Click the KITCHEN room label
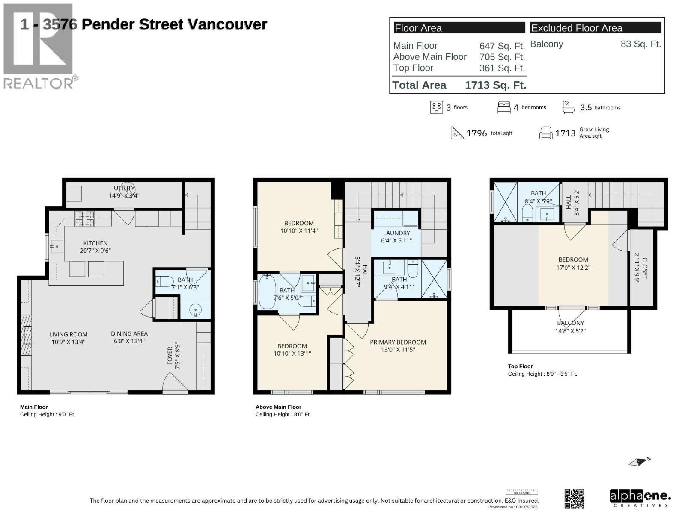click(95, 243)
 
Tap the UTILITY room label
click(124, 188)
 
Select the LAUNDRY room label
click(396, 233)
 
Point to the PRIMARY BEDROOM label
click(398, 342)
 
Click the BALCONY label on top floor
click(570, 323)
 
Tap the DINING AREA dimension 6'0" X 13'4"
click(129, 341)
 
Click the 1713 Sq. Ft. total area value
click(495, 85)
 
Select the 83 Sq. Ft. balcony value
click(640, 44)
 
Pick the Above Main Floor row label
click(430, 57)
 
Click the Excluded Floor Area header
click(577, 28)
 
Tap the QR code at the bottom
click(574, 498)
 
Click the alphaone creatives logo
click(640, 498)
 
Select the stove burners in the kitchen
click(85, 219)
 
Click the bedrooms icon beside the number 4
click(503, 107)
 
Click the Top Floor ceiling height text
click(542, 374)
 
